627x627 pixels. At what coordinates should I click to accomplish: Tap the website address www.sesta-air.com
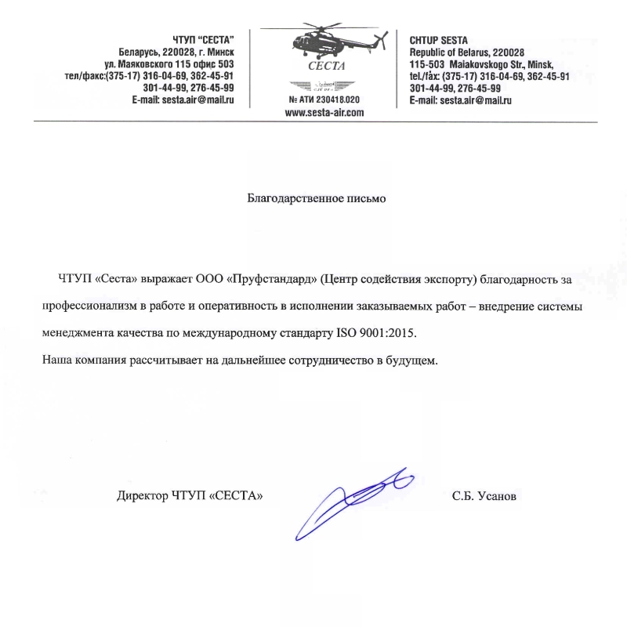tap(324, 113)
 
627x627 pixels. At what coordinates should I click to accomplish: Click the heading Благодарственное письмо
tap(317, 198)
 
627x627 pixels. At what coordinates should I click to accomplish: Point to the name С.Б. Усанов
tap(484, 496)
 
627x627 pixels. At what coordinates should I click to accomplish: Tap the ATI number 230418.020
tap(325, 100)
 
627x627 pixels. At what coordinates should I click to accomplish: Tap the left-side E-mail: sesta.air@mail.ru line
tap(183, 101)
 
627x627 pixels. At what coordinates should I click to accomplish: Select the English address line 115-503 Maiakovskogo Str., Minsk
tap(482, 63)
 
